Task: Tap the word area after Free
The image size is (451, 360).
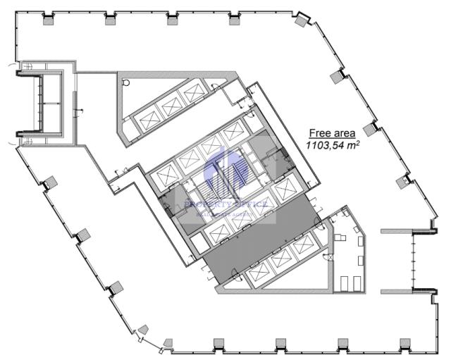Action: click(344, 132)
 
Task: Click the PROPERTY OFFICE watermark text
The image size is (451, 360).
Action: click(225, 204)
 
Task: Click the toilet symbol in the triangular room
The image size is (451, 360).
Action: click(127, 82)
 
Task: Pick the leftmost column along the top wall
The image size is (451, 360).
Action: click(49, 20)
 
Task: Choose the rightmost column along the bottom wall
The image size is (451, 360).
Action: click(404, 344)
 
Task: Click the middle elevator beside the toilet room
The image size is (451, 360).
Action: click(171, 106)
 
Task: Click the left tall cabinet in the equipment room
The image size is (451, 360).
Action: click(345, 282)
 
